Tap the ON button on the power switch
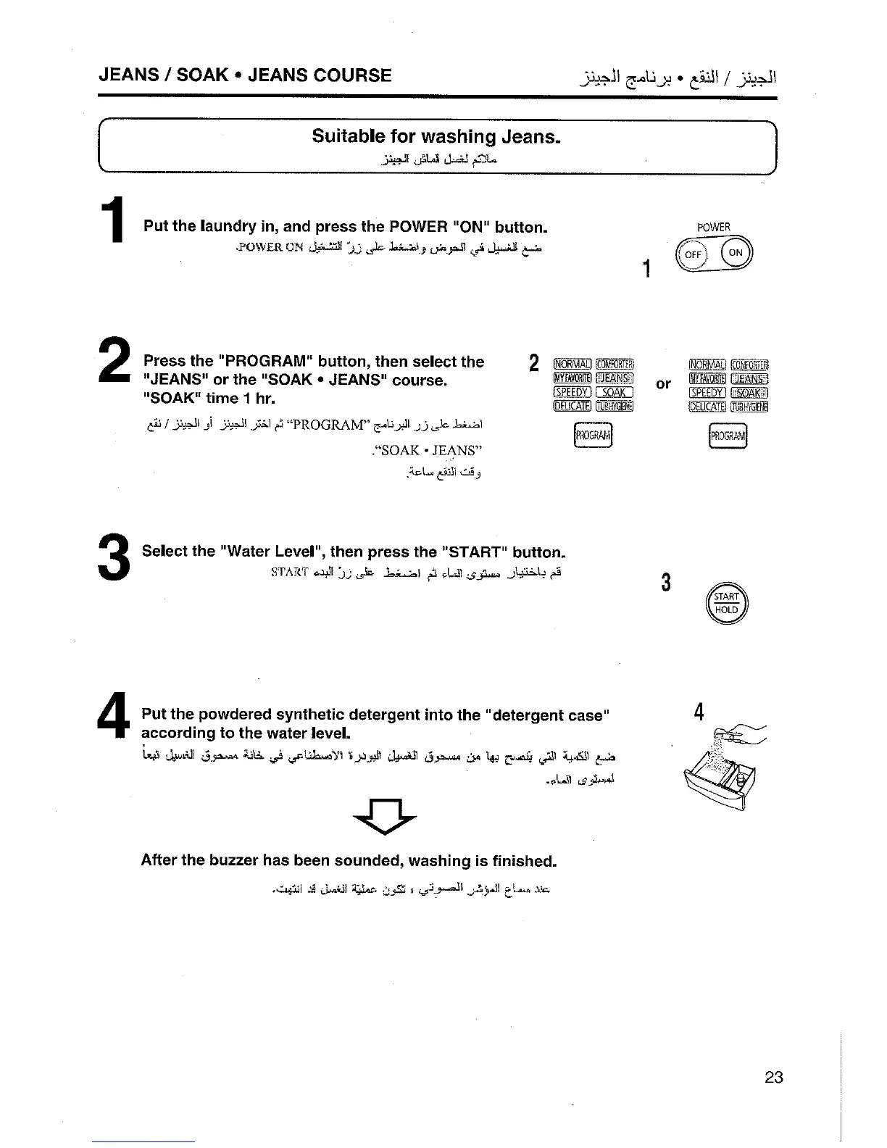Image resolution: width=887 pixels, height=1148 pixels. (735, 254)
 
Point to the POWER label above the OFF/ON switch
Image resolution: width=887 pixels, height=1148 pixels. (713, 228)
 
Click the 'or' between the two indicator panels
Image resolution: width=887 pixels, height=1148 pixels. (663, 384)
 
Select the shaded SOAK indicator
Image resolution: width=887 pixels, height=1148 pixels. (750, 393)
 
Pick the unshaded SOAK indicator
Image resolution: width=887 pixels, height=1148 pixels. (614, 393)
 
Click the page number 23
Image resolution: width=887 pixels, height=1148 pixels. (773, 1077)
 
